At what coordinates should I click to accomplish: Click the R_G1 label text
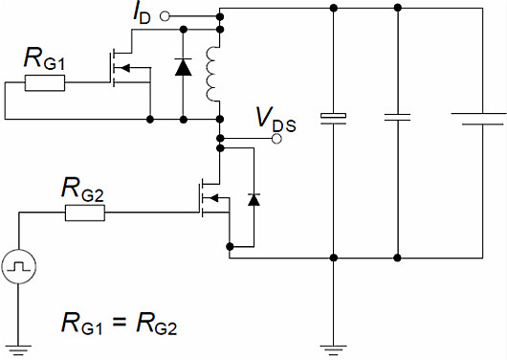pos(44,60)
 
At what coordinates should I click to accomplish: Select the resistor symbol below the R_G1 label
pos(45,83)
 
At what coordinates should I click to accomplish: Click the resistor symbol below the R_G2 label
pos(84,213)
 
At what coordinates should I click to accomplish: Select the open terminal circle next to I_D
pos(165,16)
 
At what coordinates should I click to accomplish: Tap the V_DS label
pos(274,119)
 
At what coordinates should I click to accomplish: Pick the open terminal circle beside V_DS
pos(276,139)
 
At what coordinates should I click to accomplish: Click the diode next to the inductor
pos(182,67)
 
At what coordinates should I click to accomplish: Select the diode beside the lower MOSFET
pos(253,199)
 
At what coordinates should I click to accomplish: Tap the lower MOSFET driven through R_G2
pos(211,199)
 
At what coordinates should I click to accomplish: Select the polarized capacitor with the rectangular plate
pos(332,118)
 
